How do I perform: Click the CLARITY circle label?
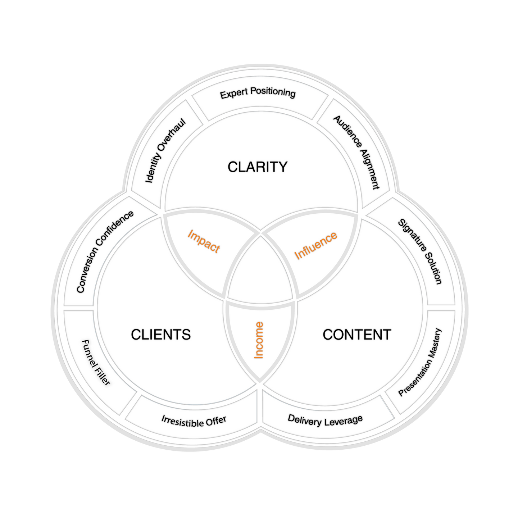pos(258,167)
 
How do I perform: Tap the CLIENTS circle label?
pos(161,335)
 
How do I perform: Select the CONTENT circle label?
pos(357,335)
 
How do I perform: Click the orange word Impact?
pos(204,241)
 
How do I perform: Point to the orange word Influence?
pos(316,246)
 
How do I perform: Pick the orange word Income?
pos(259,340)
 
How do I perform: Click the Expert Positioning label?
pos(258,93)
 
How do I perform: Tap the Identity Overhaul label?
pos(165,151)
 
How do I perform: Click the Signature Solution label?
pos(420,251)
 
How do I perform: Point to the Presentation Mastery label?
pos(420,362)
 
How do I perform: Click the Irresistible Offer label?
pos(194,421)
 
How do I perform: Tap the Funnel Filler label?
pos(96,363)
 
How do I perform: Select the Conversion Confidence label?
pos(105,252)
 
